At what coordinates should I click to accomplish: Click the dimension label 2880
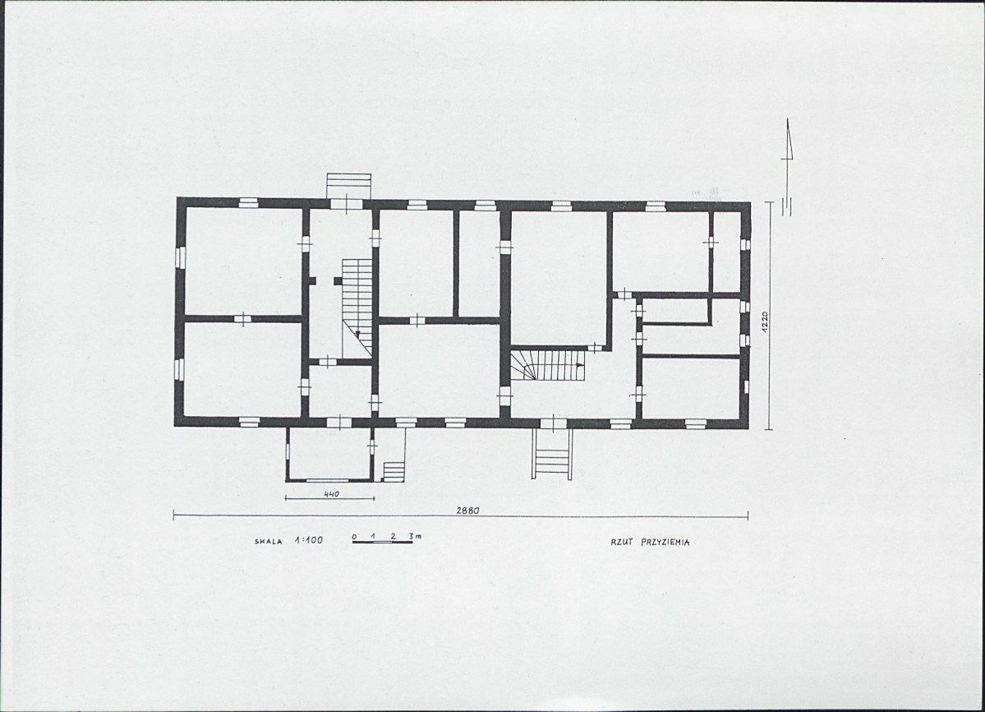(467, 511)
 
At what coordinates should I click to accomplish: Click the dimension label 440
(331, 494)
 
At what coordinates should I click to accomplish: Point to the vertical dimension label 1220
(765, 321)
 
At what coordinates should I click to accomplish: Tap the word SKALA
(269, 541)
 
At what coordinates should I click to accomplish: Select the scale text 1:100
(308, 540)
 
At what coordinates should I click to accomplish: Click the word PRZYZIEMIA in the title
(665, 543)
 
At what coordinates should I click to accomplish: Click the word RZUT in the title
(621, 542)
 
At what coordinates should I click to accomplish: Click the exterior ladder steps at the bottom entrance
(552, 453)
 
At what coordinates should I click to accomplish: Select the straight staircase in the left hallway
(357, 307)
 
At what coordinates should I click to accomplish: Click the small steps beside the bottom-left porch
(394, 470)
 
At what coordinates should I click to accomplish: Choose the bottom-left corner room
(243, 368)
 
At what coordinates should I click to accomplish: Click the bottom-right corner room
(690, 388)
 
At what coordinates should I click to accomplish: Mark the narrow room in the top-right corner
(727, 252)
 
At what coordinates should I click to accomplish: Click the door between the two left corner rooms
(242, 319)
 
